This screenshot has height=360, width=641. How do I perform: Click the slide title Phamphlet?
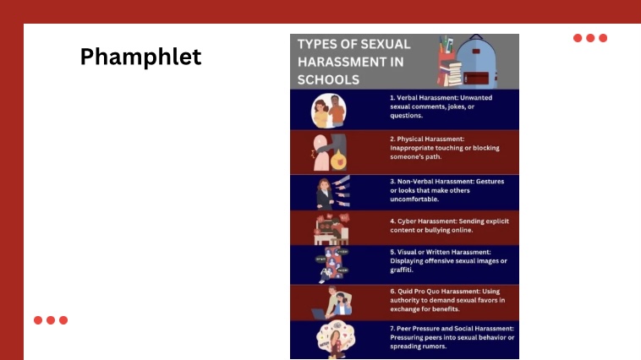[x=140, y=57]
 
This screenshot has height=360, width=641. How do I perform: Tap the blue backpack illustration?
[x=476, y=62]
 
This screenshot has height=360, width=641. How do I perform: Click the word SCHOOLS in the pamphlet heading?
[x=328, y=79]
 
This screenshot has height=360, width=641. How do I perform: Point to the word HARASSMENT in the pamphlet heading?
[x=350, y=62]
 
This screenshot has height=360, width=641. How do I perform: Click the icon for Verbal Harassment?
[x=329, y=111]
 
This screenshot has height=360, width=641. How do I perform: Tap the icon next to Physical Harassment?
[x=330, y=152]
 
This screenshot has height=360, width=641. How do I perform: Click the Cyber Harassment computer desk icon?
[x=331, y=229]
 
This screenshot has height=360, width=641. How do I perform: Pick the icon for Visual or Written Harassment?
[x=332, y=265]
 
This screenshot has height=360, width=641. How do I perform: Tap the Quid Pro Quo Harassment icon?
[x=331, y=303]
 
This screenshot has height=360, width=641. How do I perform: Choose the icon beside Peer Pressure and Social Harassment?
[x=335, y=339]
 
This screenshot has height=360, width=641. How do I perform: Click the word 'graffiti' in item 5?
[x=401, y=270]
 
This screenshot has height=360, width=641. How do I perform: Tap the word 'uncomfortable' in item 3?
[x=414, y=199]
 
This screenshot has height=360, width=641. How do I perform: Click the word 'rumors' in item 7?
[x=435, y=346]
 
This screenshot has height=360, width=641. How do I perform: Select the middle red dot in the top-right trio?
[x=590, y=38]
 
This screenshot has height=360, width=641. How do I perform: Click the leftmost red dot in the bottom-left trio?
[x=38, y=320]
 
